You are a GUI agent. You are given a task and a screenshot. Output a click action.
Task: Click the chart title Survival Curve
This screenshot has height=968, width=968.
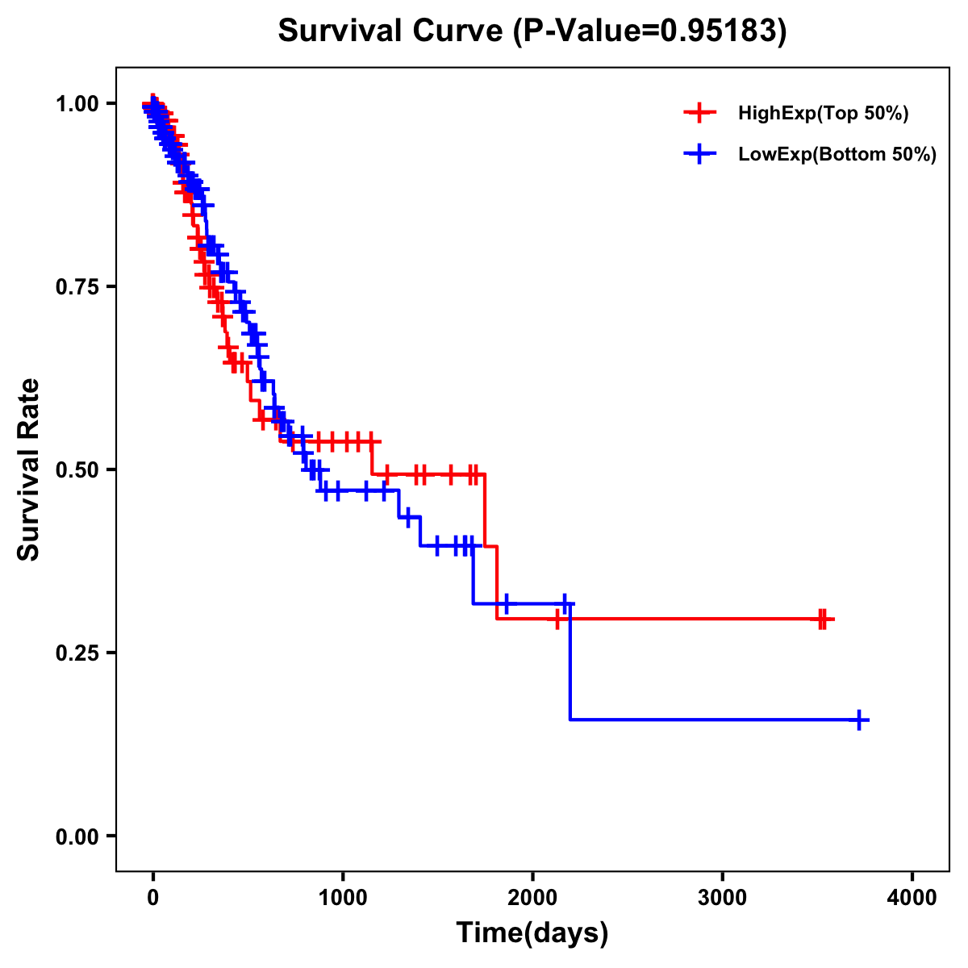[x=392, y=31]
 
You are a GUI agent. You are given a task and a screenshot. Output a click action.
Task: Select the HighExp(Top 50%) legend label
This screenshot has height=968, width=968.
[x=823, y=114]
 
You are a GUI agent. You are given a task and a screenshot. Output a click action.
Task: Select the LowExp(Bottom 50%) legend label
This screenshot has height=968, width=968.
[x=837, y=155]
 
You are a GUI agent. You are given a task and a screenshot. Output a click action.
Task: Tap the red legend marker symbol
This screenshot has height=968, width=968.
[x=700, y=114]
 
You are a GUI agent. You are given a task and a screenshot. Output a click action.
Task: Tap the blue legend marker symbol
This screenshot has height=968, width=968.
[x=700, y=154]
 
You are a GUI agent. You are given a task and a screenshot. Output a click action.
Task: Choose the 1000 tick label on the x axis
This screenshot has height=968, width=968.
[x=343, y=898]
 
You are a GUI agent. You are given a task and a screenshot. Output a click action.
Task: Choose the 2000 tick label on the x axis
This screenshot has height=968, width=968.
[x=532, y=898]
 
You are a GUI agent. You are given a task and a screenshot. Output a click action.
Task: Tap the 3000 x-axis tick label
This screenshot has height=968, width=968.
[x=722, y=898]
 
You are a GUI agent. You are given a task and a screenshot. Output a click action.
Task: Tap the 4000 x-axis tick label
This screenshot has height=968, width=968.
[x=912, y=898]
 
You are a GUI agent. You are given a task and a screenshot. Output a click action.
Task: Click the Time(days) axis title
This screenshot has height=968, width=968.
[x=532, y=933]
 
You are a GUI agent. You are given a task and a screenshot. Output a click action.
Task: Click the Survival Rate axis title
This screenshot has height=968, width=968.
[x=29, y=469]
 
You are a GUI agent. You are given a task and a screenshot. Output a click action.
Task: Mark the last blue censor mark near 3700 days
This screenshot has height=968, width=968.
[x=860, y=720]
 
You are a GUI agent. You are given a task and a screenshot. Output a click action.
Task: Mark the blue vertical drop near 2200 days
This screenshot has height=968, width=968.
[x=570, y=661]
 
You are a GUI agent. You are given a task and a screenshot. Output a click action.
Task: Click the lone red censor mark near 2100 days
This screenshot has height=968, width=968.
[x=557, y=620]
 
